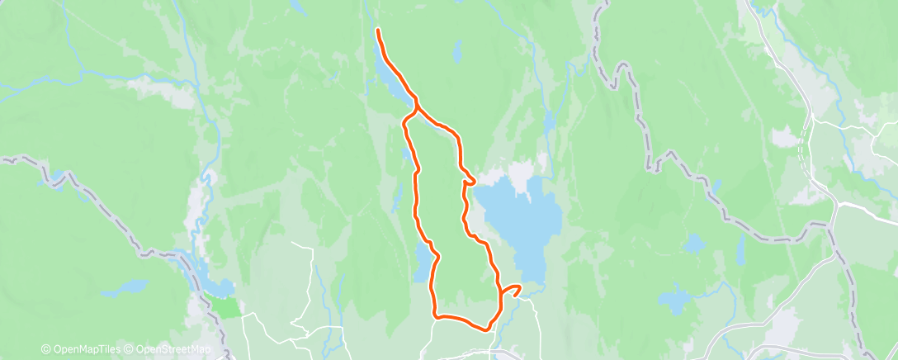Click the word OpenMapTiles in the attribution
(86, 350)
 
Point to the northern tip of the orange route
(378, 31)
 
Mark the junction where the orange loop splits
(417, 108)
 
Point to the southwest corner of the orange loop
(436, 315)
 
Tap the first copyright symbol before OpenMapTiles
(45, 350)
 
